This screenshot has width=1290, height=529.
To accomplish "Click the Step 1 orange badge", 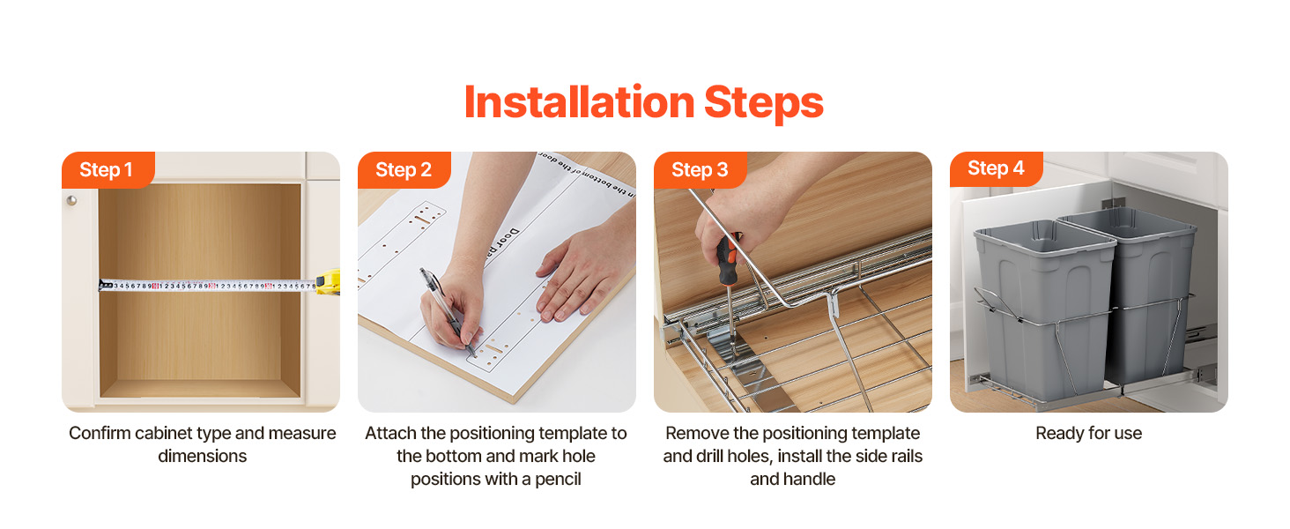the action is click(x=107, y=170).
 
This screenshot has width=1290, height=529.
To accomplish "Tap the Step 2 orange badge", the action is click(x=404, y=170).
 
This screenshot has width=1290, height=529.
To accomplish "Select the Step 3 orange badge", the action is click(x=700, y=170).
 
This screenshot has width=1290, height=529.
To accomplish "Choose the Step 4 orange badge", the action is click(x=996, y=169).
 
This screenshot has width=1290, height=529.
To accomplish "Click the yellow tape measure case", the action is click(x=329, y=282).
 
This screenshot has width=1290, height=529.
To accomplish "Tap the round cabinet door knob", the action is click(x=72, y=200).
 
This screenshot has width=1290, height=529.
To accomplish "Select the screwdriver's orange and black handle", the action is click(x=727, y=258).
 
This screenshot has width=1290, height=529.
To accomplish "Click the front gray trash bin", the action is click(x=1043, y=309).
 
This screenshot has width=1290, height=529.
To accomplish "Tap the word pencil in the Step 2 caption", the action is click(x=558, y=480).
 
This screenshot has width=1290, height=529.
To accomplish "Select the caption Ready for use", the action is click(x=1088, y=434).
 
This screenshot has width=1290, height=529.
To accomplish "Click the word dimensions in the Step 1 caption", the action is click(x=202, y=457).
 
